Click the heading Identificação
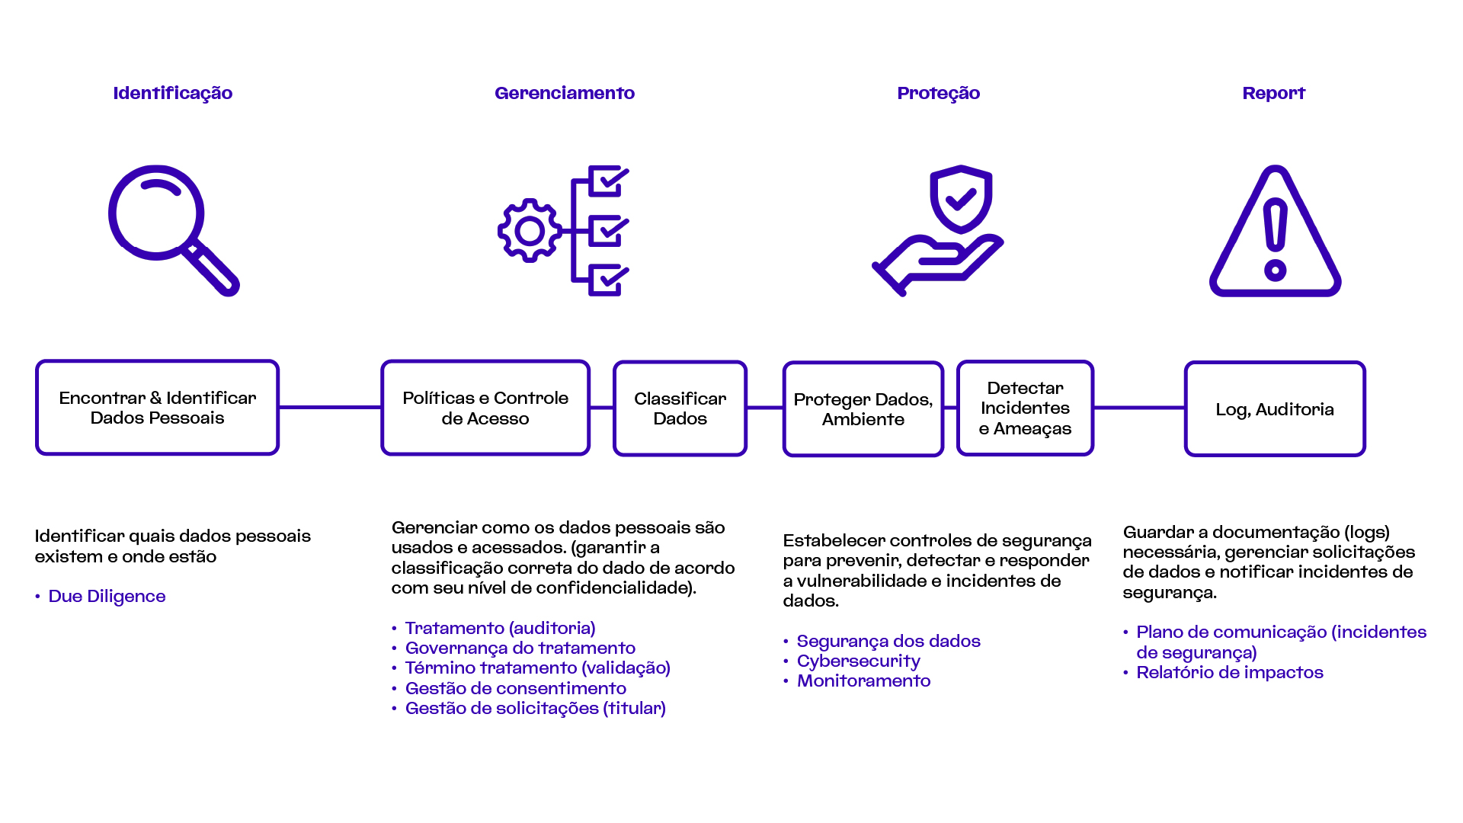click(x=173, y=93)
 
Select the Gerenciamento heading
click(x=565, y=93)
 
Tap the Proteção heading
click(x=939, y=93)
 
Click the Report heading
click(x=1274, y=93)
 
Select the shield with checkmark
click(x=961, y=199)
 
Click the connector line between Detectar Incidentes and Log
click(x=1139, y=408)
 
